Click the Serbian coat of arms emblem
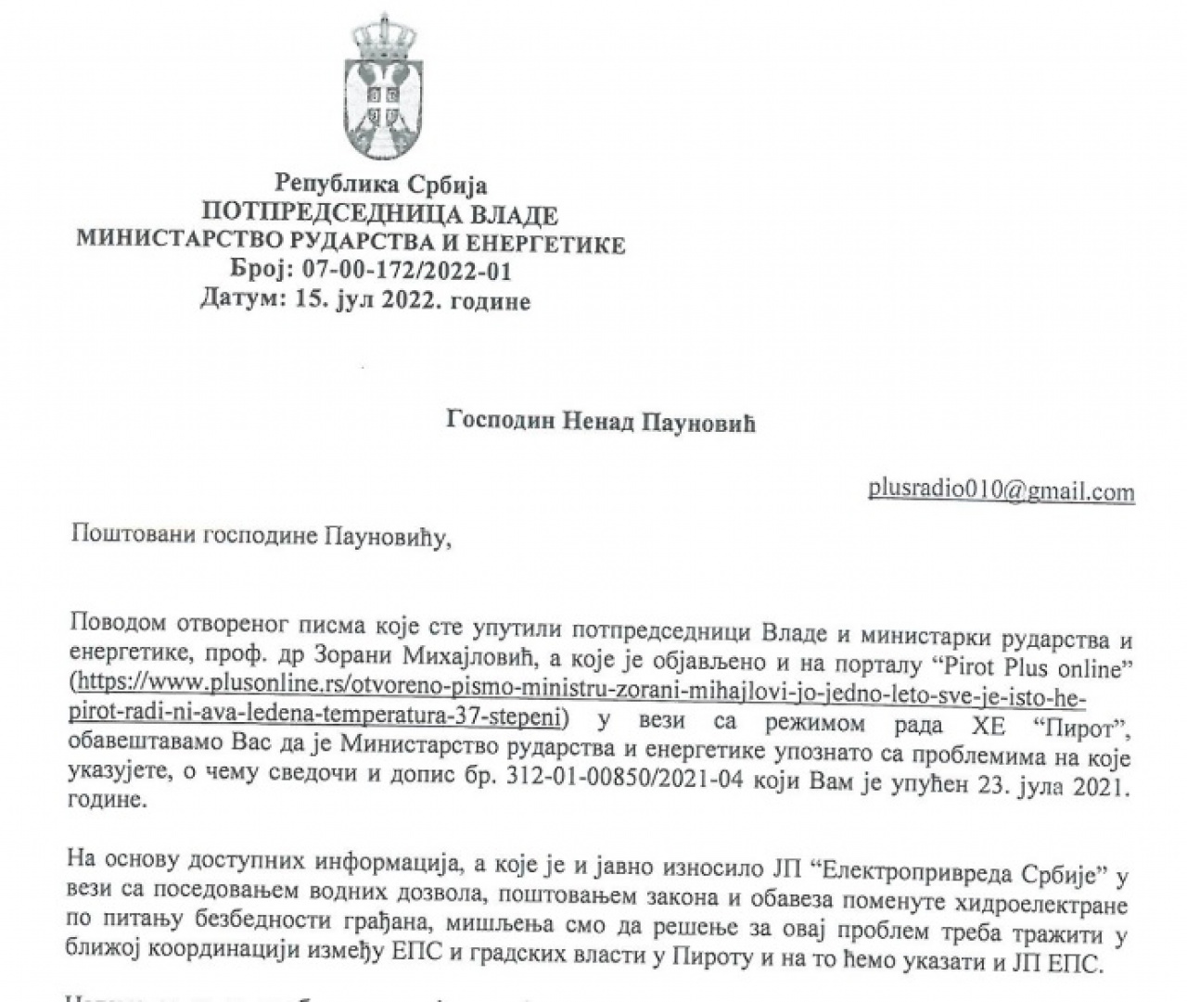click(381, 88)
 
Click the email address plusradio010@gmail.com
click(1001, 490)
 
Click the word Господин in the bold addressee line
click(502, 423)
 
